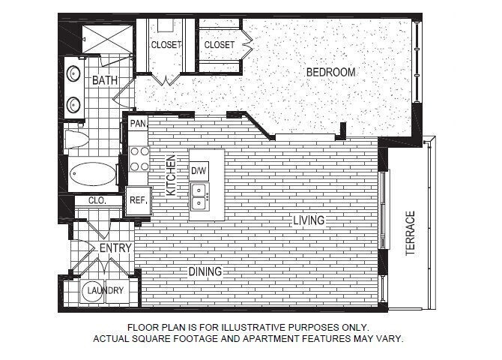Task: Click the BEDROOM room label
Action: point(330,72)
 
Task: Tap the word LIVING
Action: point(308,220)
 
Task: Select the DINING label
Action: point(205,271)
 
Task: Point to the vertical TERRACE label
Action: point(410,233)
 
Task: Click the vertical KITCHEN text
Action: point(171,176)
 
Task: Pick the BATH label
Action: point(105,80)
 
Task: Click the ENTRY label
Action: point(115,248)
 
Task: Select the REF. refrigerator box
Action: point(138,200)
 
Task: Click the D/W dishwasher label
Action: point(199,171)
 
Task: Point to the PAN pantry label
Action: point(138,123)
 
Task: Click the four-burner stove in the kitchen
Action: point(139,158)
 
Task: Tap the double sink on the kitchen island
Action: point(199,196)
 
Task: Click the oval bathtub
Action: point(93,176)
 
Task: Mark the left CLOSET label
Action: point(166,45)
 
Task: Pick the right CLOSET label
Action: point(219,45)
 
